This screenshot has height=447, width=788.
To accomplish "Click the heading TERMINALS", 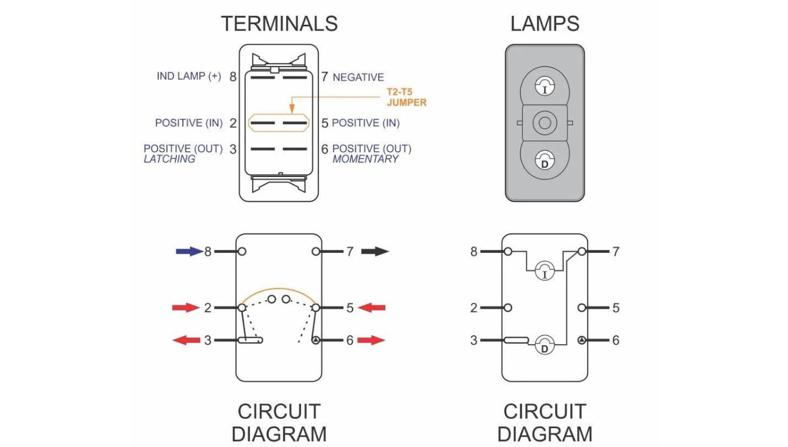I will coord(279,24).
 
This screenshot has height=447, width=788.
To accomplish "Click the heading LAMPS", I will coord(545,24).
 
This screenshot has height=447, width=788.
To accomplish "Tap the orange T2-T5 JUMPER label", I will coord(406,97).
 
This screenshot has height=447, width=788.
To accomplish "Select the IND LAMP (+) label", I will coord(189,76).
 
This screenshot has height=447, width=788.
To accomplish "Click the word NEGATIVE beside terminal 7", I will coord(358,77).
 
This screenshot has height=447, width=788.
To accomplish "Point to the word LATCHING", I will coord(169,159).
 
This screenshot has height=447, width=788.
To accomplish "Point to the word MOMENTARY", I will coord(365,159).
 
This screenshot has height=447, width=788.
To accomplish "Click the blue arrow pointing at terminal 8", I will coord(188,252).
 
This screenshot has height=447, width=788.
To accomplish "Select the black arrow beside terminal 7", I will coord(375,252).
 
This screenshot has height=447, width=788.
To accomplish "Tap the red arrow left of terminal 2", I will coord(185,308).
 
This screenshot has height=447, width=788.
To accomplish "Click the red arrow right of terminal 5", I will coord(372,308).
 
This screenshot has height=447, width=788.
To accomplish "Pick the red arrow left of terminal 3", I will coord(185,340).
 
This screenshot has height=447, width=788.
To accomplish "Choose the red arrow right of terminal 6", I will coord(372,340).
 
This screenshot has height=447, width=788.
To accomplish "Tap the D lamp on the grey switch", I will coord(545,161).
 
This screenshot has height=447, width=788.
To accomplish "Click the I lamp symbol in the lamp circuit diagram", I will coord(545,272).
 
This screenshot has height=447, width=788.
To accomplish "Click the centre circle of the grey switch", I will coord(545,124).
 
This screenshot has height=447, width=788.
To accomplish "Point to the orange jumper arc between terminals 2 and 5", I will coord(279,290).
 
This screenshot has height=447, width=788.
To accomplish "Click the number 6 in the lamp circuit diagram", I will coord(615,340).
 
